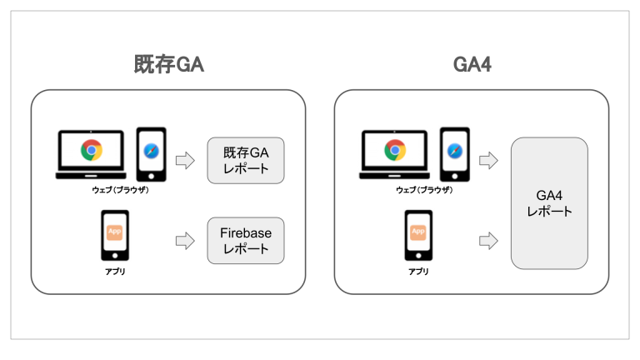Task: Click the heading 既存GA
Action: coord(169,65)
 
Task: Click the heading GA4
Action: coord(472,65)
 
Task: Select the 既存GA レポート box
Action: coord(247,160)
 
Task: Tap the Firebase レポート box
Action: coord(247,241)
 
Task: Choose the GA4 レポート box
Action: coord(550,203)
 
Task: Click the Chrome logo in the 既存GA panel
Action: coord(91,151)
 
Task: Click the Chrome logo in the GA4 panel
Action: coord(394,151)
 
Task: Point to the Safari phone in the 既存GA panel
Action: coord(151,154)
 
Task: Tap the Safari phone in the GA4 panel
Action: coord(454,154)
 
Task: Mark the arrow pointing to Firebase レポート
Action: coord(185,241)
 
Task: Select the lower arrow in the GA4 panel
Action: coord(489,241)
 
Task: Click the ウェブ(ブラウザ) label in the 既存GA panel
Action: coord(121,191)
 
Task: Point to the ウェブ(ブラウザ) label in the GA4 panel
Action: coord(424,191)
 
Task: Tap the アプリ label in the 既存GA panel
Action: coord(115,272)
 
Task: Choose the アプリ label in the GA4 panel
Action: coord(418,272)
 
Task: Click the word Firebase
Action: coord(247,233)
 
